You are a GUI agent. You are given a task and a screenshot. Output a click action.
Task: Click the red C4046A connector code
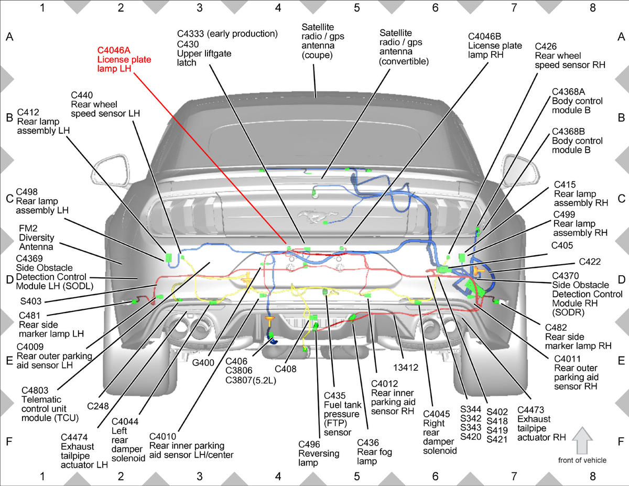click(114, 50)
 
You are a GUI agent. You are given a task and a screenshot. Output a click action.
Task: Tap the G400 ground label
click(203, 363)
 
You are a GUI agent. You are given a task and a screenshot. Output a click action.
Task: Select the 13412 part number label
click(406, 368)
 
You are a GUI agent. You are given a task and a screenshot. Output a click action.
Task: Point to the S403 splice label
click(31, 301)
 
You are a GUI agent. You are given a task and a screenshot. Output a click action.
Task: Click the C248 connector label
click(98, 406)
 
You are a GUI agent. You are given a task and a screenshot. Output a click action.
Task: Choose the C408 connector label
click(286, 369)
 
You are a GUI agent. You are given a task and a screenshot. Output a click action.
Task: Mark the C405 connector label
click(562, 245)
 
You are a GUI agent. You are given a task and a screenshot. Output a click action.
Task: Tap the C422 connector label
click(590, 262)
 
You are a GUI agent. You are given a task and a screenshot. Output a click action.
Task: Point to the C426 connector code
click(546, 47)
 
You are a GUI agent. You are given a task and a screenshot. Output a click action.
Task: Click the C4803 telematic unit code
click(35, 391)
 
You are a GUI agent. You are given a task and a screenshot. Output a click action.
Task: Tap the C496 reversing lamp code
click(309, 444)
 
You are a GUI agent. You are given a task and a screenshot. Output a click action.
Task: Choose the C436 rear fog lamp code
click(368, 442)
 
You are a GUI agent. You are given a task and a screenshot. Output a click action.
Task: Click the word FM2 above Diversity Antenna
click(28, 229)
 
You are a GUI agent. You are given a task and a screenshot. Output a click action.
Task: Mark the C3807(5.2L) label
click(251, 380)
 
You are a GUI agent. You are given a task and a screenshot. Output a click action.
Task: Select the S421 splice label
click(497, 439)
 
